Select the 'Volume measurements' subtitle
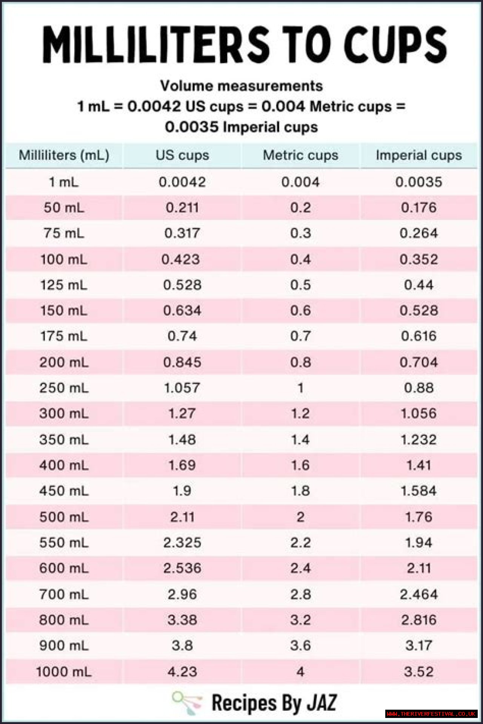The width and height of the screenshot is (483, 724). [x=241, y=86]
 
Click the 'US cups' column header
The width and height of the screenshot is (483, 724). [x=182, y=155]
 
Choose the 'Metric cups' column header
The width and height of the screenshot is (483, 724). [x=300, y=155]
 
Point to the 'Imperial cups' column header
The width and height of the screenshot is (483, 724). [x=418, y=155]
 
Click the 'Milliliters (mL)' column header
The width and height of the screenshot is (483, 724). [x=64, y=155]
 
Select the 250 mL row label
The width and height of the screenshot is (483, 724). [x=64, y=388]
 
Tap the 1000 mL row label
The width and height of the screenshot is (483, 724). [x=64, y=672]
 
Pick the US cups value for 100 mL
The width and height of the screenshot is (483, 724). [x=181, y=259]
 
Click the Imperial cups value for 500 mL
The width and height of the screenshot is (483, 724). [x=418, y=517]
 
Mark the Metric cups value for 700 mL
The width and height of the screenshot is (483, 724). [x=300, y=594]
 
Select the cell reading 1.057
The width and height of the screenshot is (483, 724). [x=182, y=388]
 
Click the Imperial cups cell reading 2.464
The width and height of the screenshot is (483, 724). [x=418, y=594]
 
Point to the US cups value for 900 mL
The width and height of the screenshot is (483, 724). [x=182, y=646]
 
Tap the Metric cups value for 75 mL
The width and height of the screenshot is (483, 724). [x=300, y=233]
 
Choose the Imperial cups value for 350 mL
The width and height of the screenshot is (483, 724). [x=418, y=440]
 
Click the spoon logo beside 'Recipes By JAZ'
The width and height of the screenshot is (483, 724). [x=187, y=703]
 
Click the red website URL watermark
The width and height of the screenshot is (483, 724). [x=431, y=714]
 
